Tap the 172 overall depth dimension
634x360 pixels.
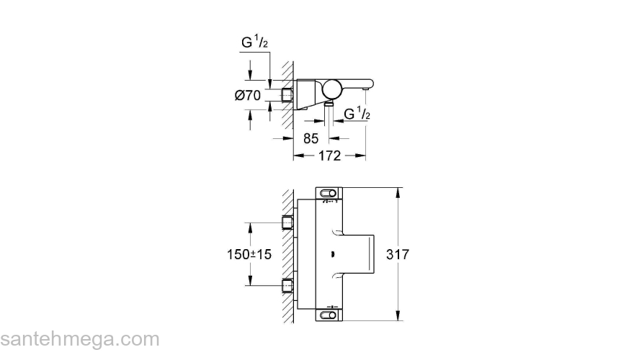click(329, 156)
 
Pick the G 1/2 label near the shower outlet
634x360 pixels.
click(357, 114)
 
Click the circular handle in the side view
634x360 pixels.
click(334, 90)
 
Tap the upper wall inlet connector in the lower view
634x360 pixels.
click(288, 222)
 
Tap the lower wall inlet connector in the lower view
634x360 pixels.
click(288, 286)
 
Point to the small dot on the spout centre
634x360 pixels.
click(332, 254)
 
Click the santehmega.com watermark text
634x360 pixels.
click(79, 339)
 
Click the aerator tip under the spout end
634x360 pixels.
click(367, 89)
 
